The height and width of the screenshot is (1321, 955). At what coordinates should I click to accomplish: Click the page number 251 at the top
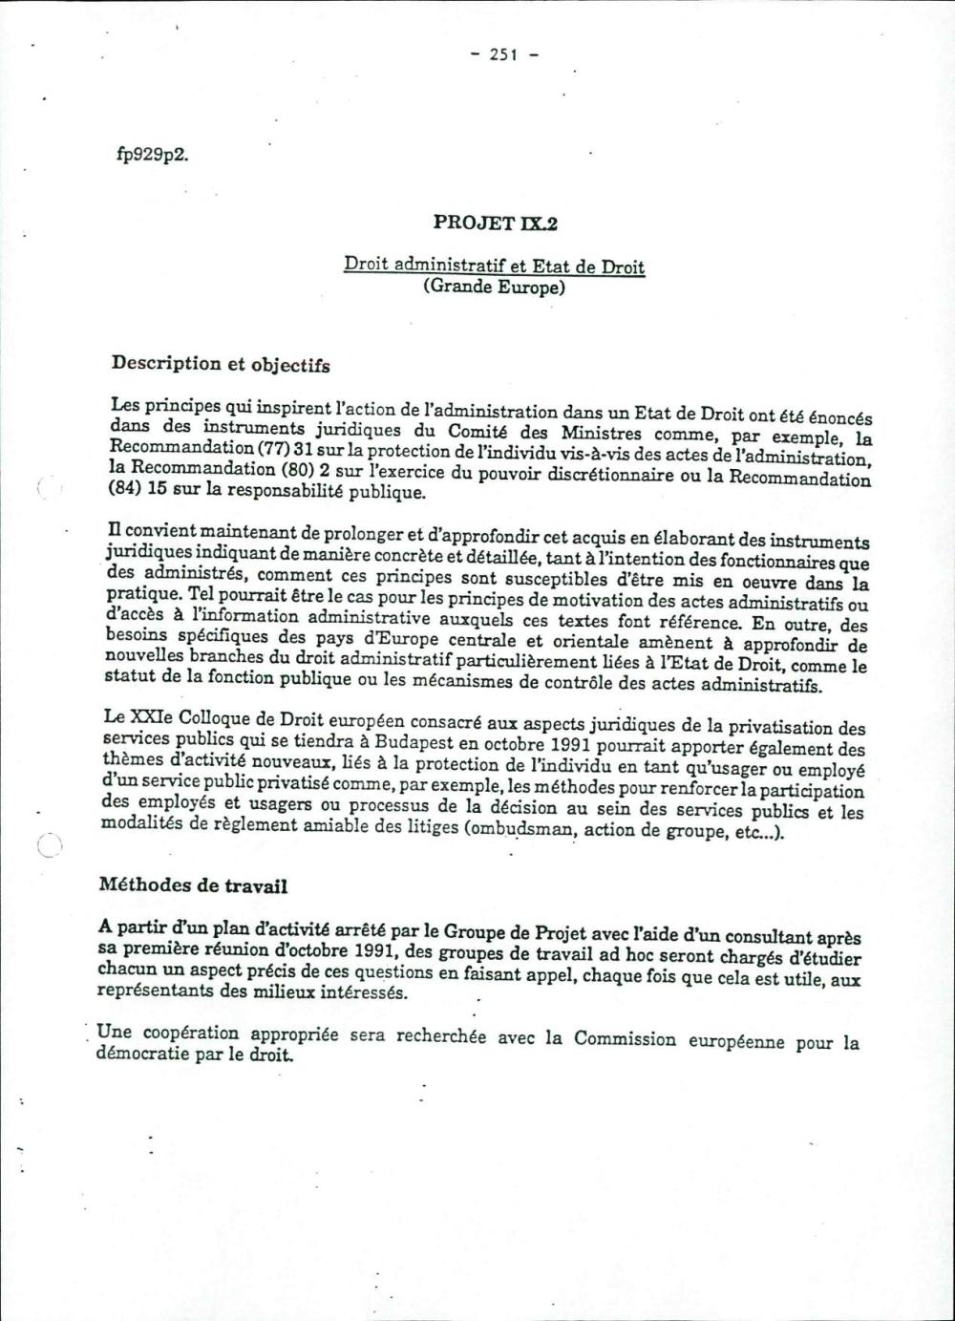(503, 54)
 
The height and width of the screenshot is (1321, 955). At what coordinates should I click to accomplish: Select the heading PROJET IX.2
(495, 224)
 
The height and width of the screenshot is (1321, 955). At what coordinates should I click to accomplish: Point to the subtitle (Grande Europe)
(494, 287)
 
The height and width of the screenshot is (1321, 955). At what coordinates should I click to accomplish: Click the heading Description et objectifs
(221, 364)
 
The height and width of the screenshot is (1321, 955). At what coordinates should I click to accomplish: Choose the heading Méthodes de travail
(193, 885)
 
